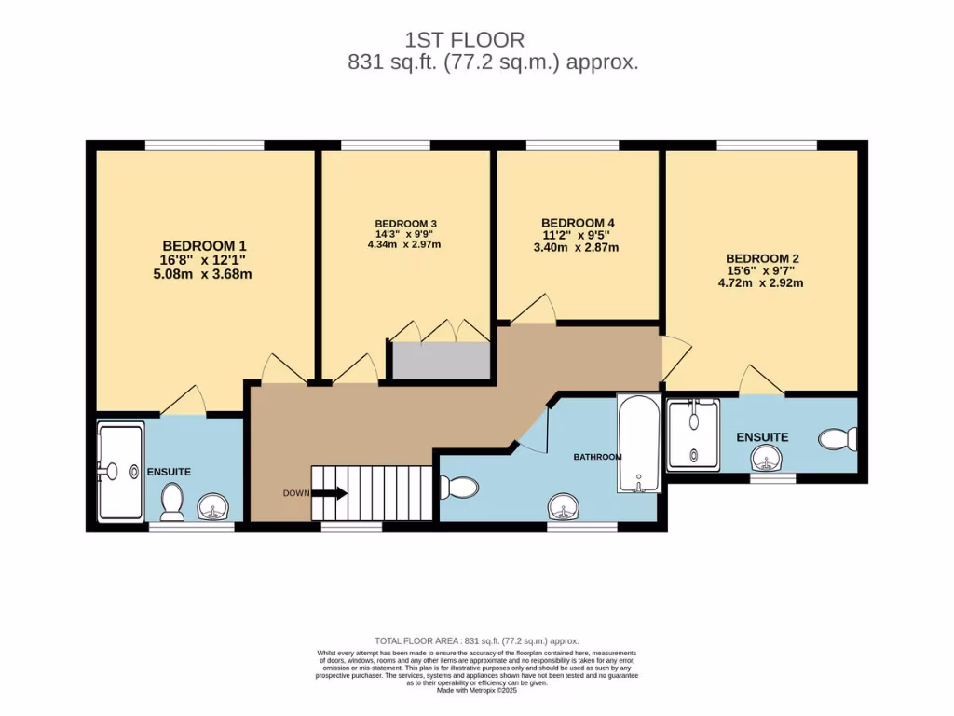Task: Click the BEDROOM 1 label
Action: [x=204, y=246]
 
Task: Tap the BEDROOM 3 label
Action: [x=405, y=224]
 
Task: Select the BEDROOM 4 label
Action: [x=579, y=223]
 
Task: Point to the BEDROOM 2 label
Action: [x=762, y=258]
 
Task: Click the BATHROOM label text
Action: [x=597, y=457]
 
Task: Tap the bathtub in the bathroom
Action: [x=639, y=443]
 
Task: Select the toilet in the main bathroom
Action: [x=458, y=487]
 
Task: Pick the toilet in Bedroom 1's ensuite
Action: [x=171, y=503]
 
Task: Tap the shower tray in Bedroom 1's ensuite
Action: [x=120, y=472]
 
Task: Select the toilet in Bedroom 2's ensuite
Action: [x=838, y=438]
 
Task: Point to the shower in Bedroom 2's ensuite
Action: [x=693, y=434]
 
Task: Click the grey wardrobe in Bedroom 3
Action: [x=440, y=361]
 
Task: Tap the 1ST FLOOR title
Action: [x=465, y=40]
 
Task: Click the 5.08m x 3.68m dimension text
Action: [x=204, y=274]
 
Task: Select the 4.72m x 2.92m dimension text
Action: [x=762, y=282]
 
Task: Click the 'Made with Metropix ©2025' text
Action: [x=477, y=690]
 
